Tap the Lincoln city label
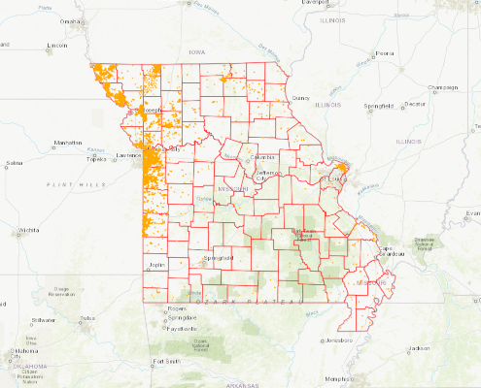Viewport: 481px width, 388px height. pos(57,46)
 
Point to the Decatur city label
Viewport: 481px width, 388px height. pos(416,103)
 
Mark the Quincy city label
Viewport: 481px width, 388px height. pos(299,98)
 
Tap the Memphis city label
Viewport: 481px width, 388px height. pos(338,378)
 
